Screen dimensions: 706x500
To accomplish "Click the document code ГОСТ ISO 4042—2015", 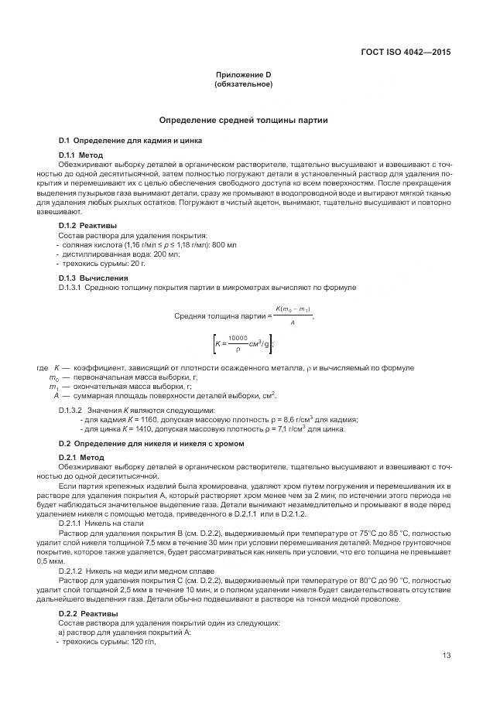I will click(406, 53).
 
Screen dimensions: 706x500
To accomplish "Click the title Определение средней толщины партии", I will click(243, 121).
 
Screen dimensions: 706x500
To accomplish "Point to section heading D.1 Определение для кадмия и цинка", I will click(131, 141).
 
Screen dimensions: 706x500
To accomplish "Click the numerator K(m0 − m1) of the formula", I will click(293, 309).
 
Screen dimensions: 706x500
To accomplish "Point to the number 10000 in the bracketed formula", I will click(237, 337).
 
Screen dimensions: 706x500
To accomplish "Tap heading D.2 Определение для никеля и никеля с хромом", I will click(152, 444).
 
